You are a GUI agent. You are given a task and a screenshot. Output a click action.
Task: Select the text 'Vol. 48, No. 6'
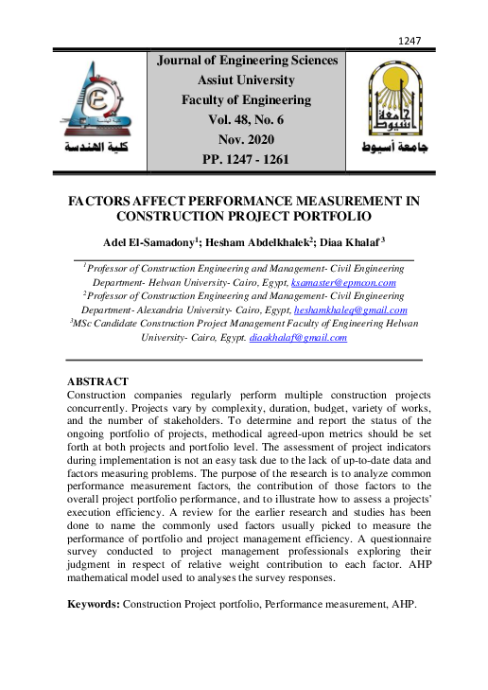[x=246, y=119]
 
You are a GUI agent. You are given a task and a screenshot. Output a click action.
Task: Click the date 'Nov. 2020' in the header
[x=246, y=139]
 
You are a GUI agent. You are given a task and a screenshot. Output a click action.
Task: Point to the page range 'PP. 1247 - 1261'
[x=246, y=159]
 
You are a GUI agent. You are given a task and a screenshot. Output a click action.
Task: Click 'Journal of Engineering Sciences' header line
[x=246, y=61]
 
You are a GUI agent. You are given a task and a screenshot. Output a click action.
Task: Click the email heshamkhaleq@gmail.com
[x=352, y=310]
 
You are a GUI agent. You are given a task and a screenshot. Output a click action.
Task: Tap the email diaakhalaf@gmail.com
[x=298, y=337]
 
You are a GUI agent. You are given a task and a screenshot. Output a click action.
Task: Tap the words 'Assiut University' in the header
[x=246, y=80]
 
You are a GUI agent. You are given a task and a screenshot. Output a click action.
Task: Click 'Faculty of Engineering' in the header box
[x=246, y=99]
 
